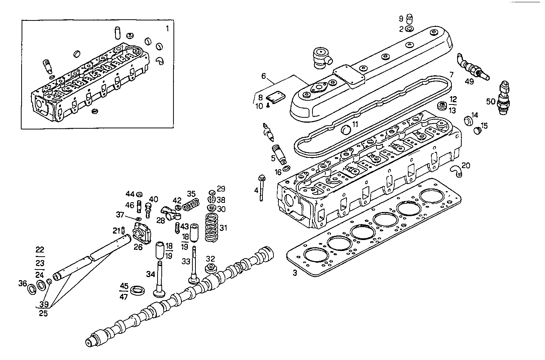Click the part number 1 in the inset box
[x=168, y=28]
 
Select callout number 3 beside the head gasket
[x=294, y=273]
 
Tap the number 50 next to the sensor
[x=491, y=101]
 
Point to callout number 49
[x=469, y=82]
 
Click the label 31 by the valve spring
[x=223, y=228]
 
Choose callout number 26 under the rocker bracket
[x=139, y=247]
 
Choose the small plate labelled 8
[x=275, y=97]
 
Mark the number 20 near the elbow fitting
[x=466, y=165]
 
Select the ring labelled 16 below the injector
[x=287, y=168]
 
